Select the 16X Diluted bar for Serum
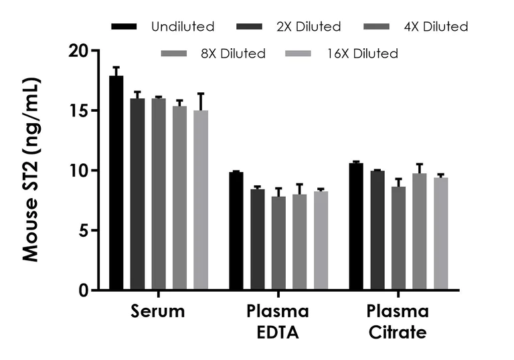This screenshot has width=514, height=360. click(201, 200)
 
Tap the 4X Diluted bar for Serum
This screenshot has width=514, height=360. click(159, 194)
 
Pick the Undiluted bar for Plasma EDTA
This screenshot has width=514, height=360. click(236, 231)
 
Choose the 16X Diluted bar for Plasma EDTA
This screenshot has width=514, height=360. click(321, 240)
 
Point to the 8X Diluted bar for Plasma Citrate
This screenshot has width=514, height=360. click(419, 232)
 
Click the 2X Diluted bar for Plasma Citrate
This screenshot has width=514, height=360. click(377, 230)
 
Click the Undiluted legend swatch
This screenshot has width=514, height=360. click(124, 27)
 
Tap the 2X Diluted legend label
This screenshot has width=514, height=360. click(310, 27)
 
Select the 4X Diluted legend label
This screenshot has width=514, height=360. click(436, 27)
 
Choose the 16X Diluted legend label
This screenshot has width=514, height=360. click(362, 53)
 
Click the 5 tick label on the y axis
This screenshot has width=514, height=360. click(84, 230)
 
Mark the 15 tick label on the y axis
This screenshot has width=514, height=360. click(80, 110)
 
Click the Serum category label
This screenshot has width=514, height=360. click(158, 312)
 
